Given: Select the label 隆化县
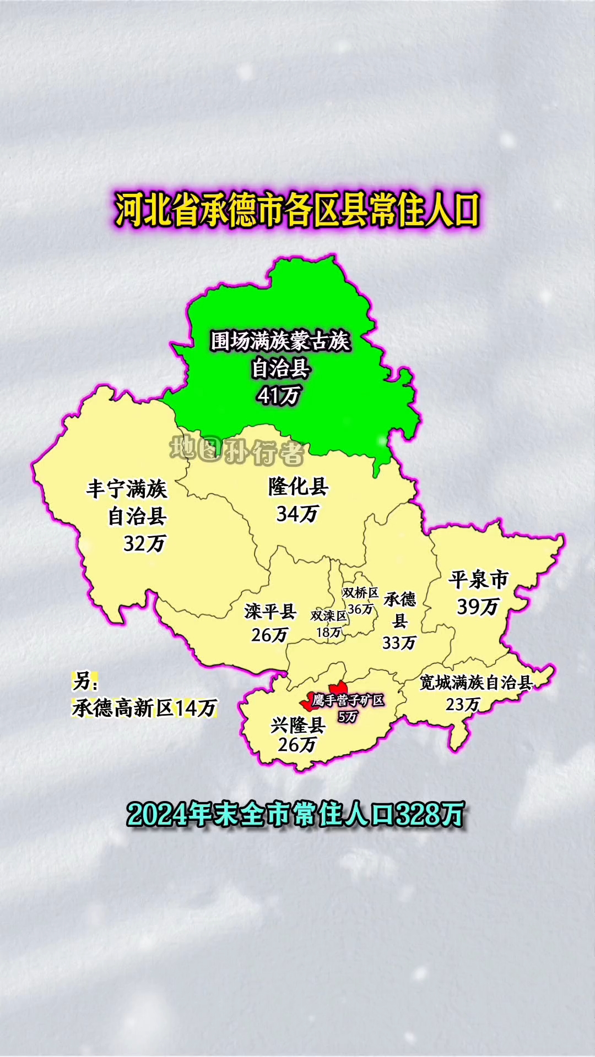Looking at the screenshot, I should point(298,487).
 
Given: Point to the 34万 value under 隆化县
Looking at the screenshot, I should point(297,514).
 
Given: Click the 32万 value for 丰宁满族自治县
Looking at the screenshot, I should point(144,544).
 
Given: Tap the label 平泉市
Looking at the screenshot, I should point(478,580).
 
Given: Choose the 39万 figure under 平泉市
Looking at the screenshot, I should point(478,607).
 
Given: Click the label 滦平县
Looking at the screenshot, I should point(270,611).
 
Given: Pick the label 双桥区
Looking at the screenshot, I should point(360,593).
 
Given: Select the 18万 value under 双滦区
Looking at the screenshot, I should point(328,633).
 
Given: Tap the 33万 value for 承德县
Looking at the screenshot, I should point(399,642).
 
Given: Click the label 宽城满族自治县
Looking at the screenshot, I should point(476,683).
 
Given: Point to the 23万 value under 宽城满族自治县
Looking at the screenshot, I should point(463,705).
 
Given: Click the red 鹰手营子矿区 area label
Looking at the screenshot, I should point(348,701).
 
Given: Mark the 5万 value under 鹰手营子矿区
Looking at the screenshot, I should point(348,716).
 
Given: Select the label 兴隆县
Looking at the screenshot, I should point(297,725).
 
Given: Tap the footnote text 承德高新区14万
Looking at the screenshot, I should point(144,708).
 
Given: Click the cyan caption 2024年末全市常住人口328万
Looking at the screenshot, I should point(296,815).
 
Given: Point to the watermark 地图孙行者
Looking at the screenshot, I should point(237,451).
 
